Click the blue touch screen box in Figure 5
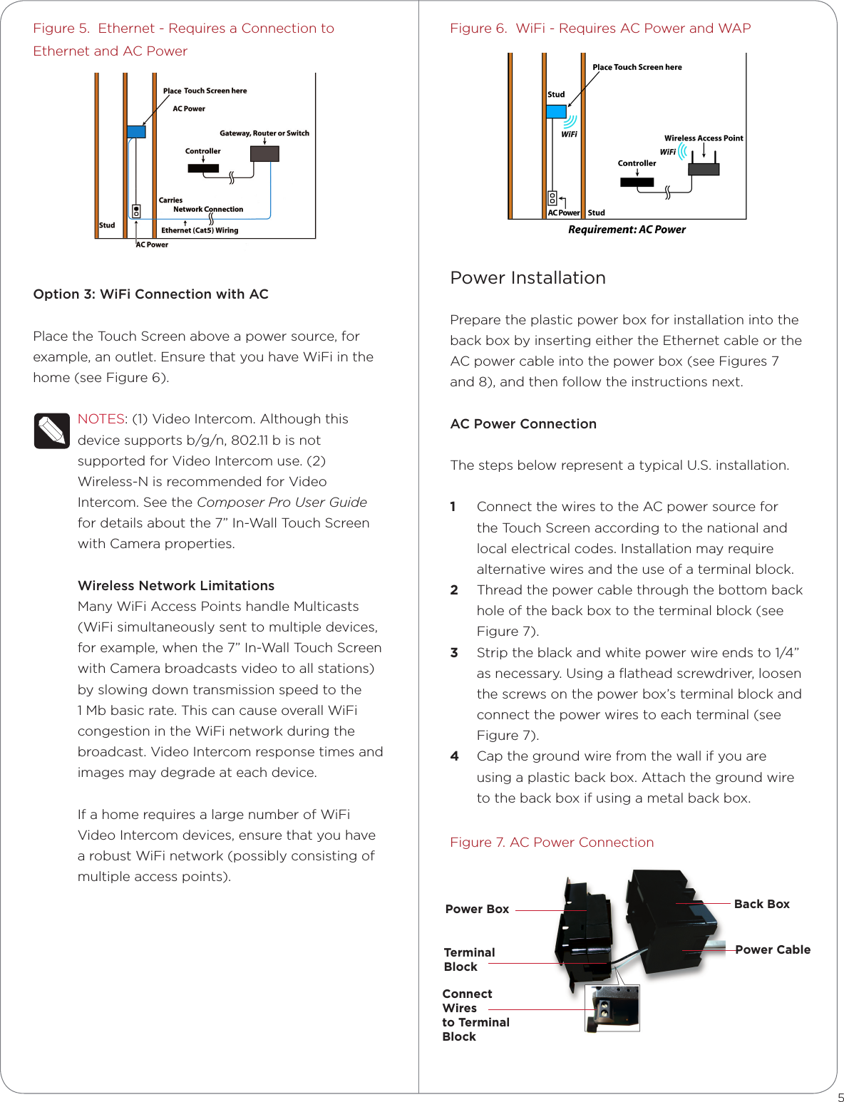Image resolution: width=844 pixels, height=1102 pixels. [x=136, y=132]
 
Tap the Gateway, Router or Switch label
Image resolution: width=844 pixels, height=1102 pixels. [x=264, y=133]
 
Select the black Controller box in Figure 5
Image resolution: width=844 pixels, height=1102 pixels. [x=203, y=169]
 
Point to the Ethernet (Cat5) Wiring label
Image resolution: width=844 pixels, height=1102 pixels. [x=200, y=230]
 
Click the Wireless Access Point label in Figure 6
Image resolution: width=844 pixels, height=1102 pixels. [x=704, y=138]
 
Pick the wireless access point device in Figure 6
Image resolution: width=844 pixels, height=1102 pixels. [x=704, y=169]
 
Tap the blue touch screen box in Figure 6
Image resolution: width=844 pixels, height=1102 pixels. [x=556, y=112]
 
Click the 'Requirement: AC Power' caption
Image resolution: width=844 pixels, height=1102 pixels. [x=627, y=230]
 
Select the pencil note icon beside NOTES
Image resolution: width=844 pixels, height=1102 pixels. [x=51, y=431]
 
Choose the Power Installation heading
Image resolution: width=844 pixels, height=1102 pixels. [x=527, y=278]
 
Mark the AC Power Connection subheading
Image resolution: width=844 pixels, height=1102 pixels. [x=523, y=424]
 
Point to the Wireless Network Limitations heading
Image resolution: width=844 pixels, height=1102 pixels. [x=176, y=586]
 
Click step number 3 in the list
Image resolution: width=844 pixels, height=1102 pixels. [x=454, y=653]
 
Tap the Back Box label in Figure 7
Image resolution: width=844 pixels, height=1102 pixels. [x=761, y=904]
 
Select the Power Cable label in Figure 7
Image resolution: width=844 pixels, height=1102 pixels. [x=773, y=949]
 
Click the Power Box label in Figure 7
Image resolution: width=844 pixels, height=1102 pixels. [x=477, y=910]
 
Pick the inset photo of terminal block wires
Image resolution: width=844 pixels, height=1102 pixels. [x=612, y=1008]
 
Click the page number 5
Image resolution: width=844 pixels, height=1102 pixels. [x=840, y=1098]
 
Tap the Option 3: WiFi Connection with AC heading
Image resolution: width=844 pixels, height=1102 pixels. [x=150, y=294]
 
